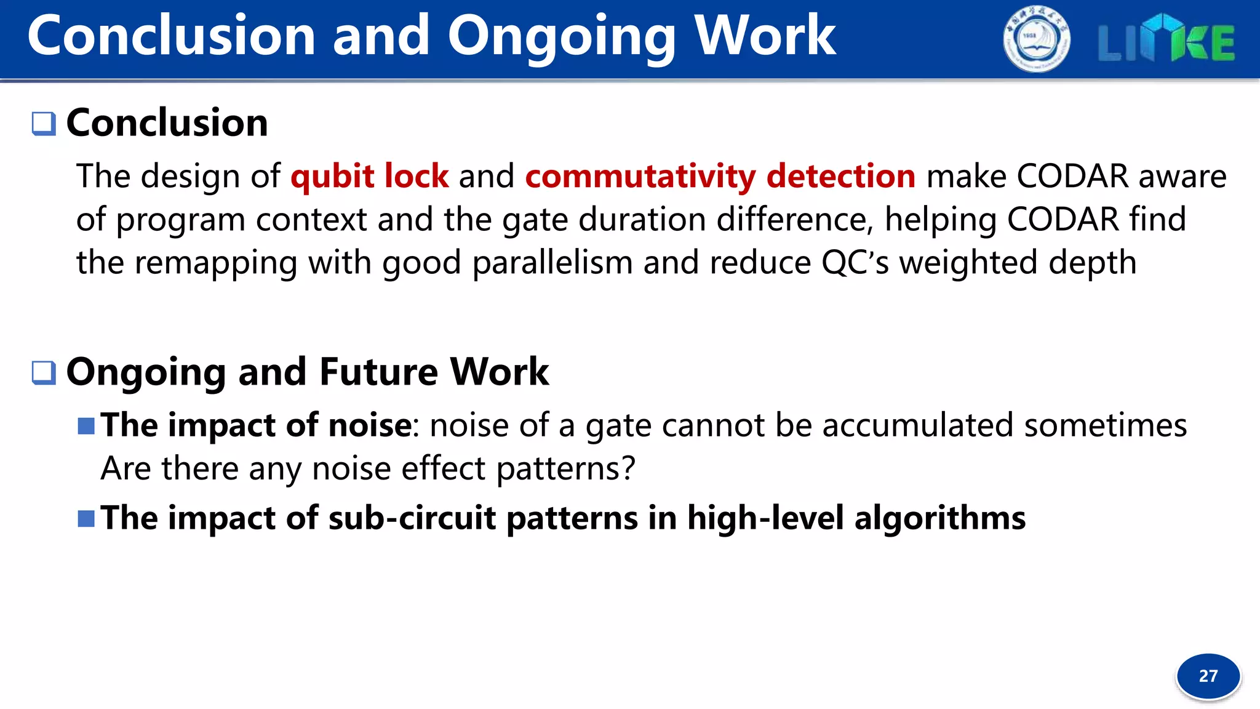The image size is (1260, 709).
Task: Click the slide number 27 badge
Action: (1208, 676)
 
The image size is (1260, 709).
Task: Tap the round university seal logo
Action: (1037, 39)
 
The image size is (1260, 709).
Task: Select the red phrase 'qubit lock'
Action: (370, 177)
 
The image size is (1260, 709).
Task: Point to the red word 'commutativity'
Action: (640, 177)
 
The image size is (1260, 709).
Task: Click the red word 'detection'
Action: (841, 177)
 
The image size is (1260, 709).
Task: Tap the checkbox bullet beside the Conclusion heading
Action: (44, 123)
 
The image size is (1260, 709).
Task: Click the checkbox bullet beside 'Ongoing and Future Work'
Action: (44, 372)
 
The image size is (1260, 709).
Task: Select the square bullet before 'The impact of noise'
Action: (86, 426)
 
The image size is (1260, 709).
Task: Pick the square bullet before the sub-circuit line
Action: (86, 518)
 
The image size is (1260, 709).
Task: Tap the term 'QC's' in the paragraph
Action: (855, 263)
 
